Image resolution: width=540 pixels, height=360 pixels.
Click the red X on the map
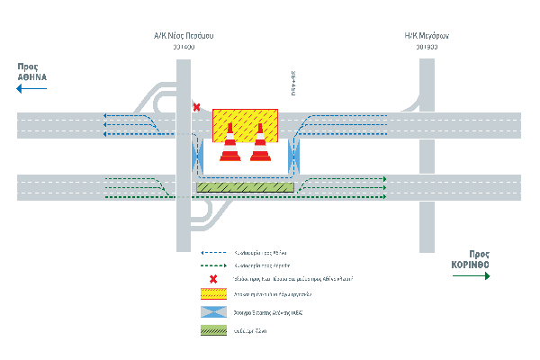click(197, 107)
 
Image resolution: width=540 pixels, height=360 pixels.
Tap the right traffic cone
click(260, 144)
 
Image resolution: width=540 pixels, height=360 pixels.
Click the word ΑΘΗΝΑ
click(31, 78)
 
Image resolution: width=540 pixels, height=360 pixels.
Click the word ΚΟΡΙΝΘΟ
click(471, 265)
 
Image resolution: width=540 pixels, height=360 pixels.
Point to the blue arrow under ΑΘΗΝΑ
click(31, 89)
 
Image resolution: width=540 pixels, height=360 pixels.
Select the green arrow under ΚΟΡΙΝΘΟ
click(471, 277)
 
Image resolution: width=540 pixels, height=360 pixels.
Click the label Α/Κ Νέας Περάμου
click(184, 37)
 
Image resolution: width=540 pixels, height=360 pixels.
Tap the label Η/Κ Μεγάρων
click(427, 37)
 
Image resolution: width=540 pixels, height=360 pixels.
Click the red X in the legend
click(212, 279)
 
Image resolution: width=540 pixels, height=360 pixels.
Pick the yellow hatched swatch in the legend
click(212, 293)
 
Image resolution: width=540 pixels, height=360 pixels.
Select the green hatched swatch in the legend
click(212, 331)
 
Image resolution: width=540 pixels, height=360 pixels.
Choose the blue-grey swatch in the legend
click(212, 312)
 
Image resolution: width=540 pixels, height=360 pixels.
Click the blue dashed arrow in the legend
click(212, 254)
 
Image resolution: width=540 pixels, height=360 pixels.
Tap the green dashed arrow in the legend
click(212, 266)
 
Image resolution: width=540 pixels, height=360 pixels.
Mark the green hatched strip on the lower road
click(246, 187)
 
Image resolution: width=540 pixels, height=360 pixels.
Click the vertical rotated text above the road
click(292, 83)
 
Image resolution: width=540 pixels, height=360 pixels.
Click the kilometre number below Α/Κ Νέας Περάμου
click(184, 48)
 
